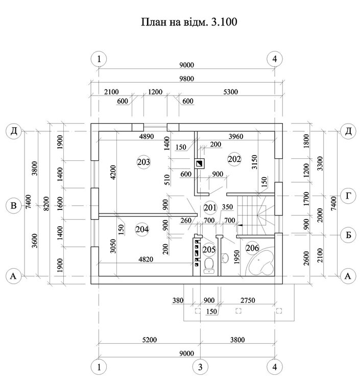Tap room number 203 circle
coord(143,162)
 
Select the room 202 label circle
coord(234,159)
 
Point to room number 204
coord(142,229)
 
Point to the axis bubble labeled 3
coord(201,366)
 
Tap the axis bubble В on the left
coord(14,206)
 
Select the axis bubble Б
coord(347,234)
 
